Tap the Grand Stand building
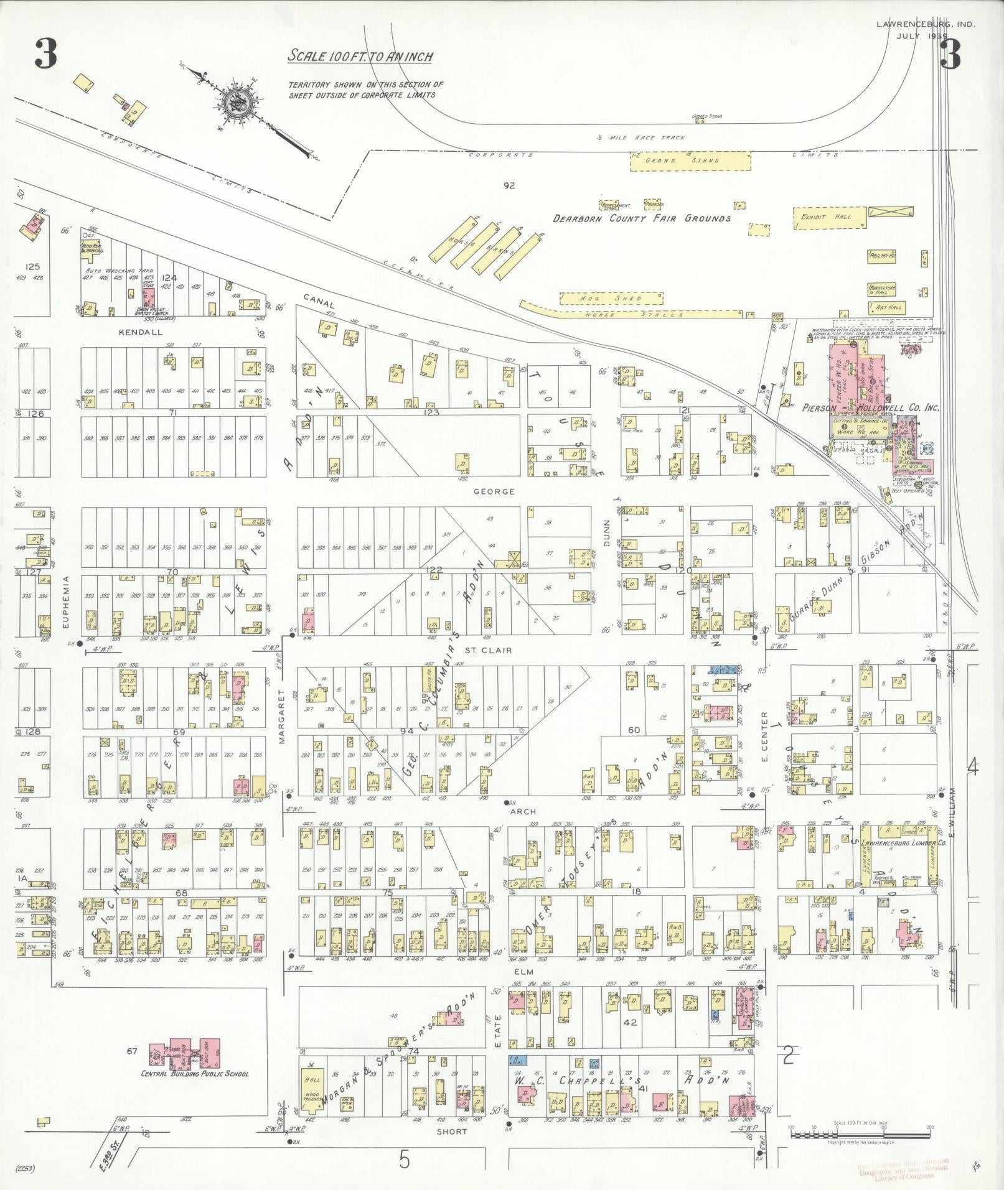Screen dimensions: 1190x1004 pyautogui.click(x=690, y=160)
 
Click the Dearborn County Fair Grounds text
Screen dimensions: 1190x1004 pyautogui.click(x=642, y=218)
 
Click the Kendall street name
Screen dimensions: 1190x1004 pyautogui.click(x=140, y=332)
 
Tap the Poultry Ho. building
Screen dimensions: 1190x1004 pyautogui.click(x=882, y=255)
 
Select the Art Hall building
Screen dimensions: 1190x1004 pyautogui.click(x=886, y=307)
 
